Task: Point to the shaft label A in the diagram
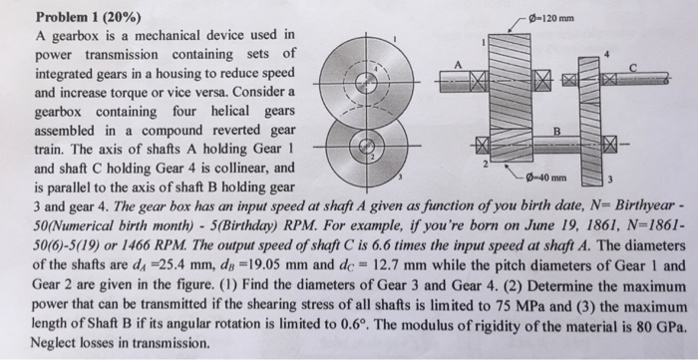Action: (460, 63)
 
